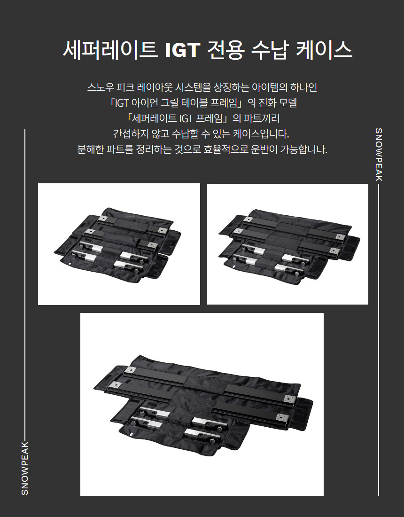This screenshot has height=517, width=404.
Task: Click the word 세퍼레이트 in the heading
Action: pyautogui.click(x=110, y=50)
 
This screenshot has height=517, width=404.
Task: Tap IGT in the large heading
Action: pyautogui.click(x=182, y=50)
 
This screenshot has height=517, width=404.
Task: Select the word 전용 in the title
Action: pyautogui.click(x=226, y=50)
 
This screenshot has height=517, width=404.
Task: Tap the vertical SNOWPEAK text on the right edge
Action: pyautogui.click(x=379, y=155)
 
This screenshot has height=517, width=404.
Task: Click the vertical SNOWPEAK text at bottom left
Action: pyautogui.click(x=25, y=468)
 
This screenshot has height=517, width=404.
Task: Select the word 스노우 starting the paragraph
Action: pyautogui.click(x=101, y=87)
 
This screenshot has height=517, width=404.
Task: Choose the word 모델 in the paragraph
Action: pyautogui.click(x=288, y=103)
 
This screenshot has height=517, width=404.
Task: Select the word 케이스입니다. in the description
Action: pyautogui.click(x=261, y=134)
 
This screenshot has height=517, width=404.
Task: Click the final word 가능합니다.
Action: pyautogui.click(x=303, y=149)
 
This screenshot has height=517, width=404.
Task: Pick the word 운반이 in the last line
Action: pyautogui.click(x=264, y=149)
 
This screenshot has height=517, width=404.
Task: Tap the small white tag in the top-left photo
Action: pyautogui.click(x=70, y=265)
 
